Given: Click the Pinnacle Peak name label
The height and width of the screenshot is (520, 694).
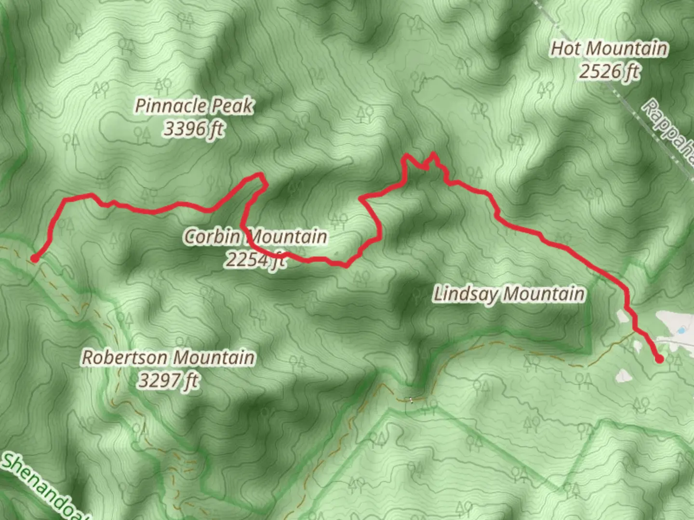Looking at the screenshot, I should (194, 106).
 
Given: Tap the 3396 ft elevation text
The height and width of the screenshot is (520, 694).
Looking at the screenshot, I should (194, 129).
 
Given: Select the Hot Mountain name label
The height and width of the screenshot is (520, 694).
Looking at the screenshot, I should (610, 49).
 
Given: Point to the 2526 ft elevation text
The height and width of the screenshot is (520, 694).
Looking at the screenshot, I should (610, 72).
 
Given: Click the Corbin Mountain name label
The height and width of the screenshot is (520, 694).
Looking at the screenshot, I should (255, 236).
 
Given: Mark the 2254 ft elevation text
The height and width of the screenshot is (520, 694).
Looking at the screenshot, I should (255, 260).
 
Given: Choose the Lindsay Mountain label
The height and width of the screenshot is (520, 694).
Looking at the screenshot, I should (509, 294).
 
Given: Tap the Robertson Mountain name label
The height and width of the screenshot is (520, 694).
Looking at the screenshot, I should (168, 358).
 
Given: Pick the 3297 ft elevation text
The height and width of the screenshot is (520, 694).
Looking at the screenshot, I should (168, 381).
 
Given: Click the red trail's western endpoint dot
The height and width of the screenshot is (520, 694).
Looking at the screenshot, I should (35, 259).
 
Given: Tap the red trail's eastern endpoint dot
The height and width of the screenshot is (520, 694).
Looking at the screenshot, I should (659, 359).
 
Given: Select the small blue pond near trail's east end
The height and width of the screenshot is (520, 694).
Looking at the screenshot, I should (681, 330).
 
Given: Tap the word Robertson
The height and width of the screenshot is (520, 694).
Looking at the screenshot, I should (124, 358).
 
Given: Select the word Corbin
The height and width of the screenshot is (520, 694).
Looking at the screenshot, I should (212, 236).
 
